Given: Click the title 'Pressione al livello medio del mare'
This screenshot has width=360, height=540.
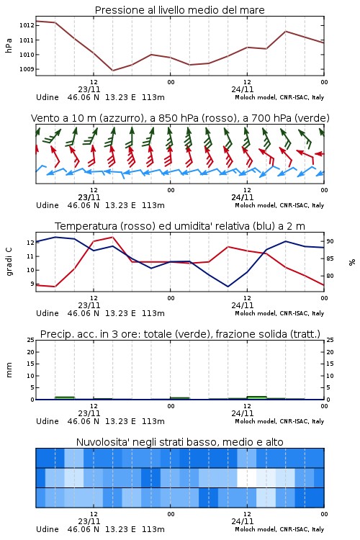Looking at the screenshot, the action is click(179, 10).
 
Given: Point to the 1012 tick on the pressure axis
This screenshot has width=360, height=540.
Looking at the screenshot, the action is click(27, 25).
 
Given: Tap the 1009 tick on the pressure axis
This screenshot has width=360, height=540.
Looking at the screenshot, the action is click(27, 69).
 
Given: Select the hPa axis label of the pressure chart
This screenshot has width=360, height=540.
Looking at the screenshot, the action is click(9, 45).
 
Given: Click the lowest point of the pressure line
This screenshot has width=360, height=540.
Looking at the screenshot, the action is click(112, 71).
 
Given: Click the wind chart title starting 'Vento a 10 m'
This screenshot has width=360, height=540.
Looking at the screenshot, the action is click(180, 118).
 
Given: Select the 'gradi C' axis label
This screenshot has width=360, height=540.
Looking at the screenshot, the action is click(9, 261).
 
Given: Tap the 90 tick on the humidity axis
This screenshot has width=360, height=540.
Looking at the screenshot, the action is click(330, 241).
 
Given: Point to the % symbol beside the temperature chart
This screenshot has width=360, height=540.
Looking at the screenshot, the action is click(352, 262).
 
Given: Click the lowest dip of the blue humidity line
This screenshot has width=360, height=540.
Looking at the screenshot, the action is click(228, 287).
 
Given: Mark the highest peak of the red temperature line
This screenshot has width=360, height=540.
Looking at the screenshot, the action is click(112, 237).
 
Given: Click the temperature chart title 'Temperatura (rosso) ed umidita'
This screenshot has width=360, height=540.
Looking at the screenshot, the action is click(180, 226).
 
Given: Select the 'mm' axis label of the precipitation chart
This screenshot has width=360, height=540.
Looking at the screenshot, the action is click(9, 370).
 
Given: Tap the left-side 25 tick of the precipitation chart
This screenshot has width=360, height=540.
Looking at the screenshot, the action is click(31, 340).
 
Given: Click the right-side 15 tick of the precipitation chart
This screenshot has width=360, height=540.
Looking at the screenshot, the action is click(330, 364).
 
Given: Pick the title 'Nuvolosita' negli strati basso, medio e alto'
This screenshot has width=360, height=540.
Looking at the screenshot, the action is click(179, 442).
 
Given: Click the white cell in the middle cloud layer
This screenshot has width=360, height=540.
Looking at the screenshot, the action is click(247, 477).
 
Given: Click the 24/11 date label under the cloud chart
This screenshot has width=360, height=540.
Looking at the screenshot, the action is click(243, 521).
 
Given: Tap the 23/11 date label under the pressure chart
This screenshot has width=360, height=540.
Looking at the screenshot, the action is click(89, 89).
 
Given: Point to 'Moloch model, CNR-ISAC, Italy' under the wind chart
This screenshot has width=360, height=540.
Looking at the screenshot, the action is click(279, 205).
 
